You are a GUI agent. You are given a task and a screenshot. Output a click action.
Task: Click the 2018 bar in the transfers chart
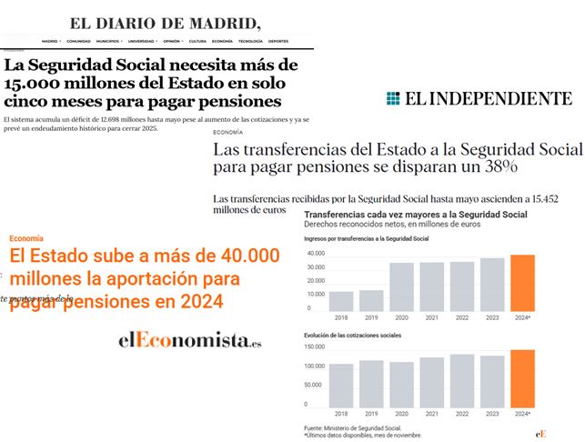[x=341, y=301]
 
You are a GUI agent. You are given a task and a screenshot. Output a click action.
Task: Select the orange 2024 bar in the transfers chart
[x=522, y=284]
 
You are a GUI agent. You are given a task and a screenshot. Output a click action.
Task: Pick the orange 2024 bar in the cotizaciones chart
[x=522, y=378]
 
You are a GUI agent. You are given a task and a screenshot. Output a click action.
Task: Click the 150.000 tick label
[x=314, y=347]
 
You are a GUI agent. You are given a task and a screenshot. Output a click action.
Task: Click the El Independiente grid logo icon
[x=393, y=99]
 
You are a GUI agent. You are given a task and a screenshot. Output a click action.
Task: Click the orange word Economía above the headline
[x=27, y=238]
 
